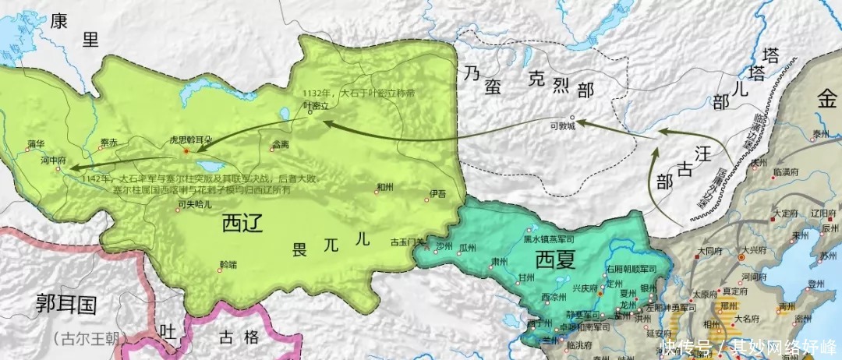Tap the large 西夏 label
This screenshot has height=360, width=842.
coord(557,259)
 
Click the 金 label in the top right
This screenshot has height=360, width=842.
coord(825,99)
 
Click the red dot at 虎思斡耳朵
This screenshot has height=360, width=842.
coord(185,150)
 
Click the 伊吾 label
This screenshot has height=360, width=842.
coord(437,193)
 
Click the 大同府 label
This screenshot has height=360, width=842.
coord(710,251)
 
